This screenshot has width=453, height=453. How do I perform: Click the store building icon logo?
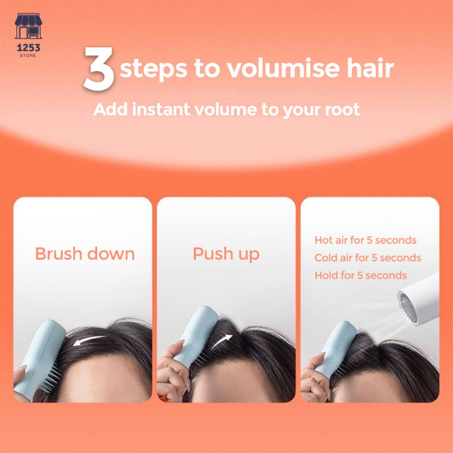click(x=28, y=26)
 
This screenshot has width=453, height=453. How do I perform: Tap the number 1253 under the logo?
click(x=28, y=47)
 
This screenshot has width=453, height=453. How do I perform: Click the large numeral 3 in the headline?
click(x=99, y=69)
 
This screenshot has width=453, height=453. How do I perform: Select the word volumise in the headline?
click(x=283, y=68)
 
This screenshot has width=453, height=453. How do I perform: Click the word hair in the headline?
click(x=370, y=68)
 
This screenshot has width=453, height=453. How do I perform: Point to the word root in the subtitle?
click(x=342, y=110)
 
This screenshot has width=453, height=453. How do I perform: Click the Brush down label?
click(x=85, y=253)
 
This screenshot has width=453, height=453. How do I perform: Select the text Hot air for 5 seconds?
click(x=365, y=240)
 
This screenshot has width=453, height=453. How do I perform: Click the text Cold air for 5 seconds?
click(x=368, y=258)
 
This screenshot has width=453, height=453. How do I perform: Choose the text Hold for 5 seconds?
click(x=361, y=275)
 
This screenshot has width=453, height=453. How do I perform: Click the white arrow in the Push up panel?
click(x=222, y=342)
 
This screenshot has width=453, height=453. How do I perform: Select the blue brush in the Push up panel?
click(x=196, y=336)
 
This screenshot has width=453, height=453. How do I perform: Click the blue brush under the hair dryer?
click(x=336, y=349)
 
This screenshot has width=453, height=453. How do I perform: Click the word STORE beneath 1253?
click(x=28, y=55)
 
